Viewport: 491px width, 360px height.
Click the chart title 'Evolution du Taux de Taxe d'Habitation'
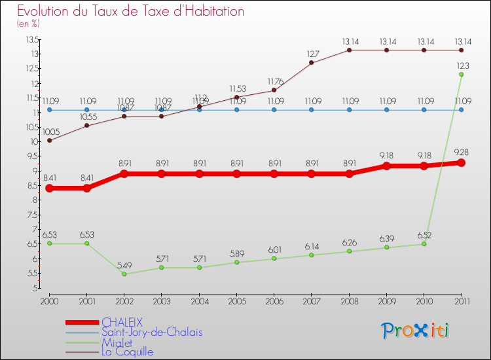130,12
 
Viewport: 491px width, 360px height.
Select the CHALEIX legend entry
122,322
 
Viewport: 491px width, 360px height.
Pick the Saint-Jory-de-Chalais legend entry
152,332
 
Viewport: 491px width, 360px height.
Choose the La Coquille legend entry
127,351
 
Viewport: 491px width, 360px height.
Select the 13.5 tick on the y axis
31,39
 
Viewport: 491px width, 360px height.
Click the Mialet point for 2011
462,75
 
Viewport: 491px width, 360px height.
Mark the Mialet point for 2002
124,274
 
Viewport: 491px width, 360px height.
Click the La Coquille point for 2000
49,140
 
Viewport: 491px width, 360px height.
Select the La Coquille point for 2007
312,63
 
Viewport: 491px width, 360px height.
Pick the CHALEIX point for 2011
462,162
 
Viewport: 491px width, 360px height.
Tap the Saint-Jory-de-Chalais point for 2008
349,110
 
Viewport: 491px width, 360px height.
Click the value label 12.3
462,65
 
